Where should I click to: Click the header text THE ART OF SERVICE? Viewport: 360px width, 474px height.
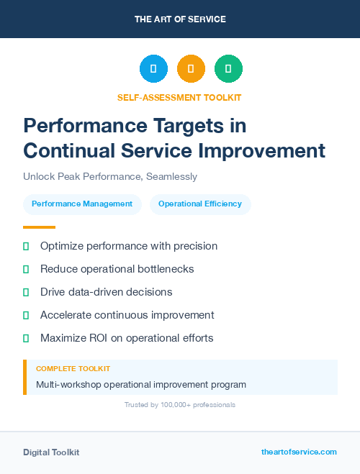(180, 19)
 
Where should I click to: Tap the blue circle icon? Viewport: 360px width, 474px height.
(153, 69)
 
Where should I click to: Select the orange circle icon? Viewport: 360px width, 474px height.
(191, 69)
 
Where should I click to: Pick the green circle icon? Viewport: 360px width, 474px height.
(228, 69)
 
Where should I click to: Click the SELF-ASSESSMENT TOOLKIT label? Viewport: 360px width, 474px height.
(179, 97)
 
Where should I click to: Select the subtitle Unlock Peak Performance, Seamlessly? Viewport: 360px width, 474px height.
(110, 176)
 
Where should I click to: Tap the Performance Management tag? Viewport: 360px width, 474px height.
(82, 204)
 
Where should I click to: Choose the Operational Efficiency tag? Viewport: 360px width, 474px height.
(200, 204)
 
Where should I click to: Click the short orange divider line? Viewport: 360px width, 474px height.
(40, 227)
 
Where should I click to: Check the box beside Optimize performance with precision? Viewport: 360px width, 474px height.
(26, 246)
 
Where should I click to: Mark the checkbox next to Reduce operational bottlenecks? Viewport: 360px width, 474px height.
(26, 269)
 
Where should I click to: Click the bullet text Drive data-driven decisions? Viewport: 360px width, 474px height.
(106, 292)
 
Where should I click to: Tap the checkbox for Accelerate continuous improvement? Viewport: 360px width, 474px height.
(26, 315)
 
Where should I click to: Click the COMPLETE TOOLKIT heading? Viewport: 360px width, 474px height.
(73, 368)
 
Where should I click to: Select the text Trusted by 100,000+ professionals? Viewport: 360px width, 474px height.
(180, 405)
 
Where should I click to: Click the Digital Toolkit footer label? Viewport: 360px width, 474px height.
(51, 452)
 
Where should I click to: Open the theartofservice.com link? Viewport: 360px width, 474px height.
(299, 452)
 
